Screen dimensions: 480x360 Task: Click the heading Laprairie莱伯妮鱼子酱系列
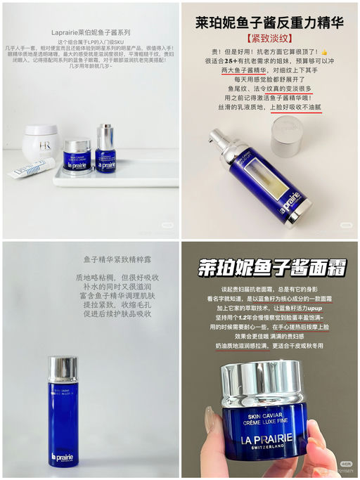pyautogui.click(x=89, y=32)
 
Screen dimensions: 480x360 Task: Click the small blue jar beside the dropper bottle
pyautogui.click(x=77, y=155)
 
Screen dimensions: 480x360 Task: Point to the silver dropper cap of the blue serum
pyautogui.click(x=105, y=135)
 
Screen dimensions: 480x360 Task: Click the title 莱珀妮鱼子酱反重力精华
pyautogui.click(x=269, y=23)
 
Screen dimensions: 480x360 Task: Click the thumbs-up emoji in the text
pyautogui.click(x=324, y=51)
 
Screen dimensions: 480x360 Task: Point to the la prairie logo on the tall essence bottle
pyautogui.click(x=61, y=459)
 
